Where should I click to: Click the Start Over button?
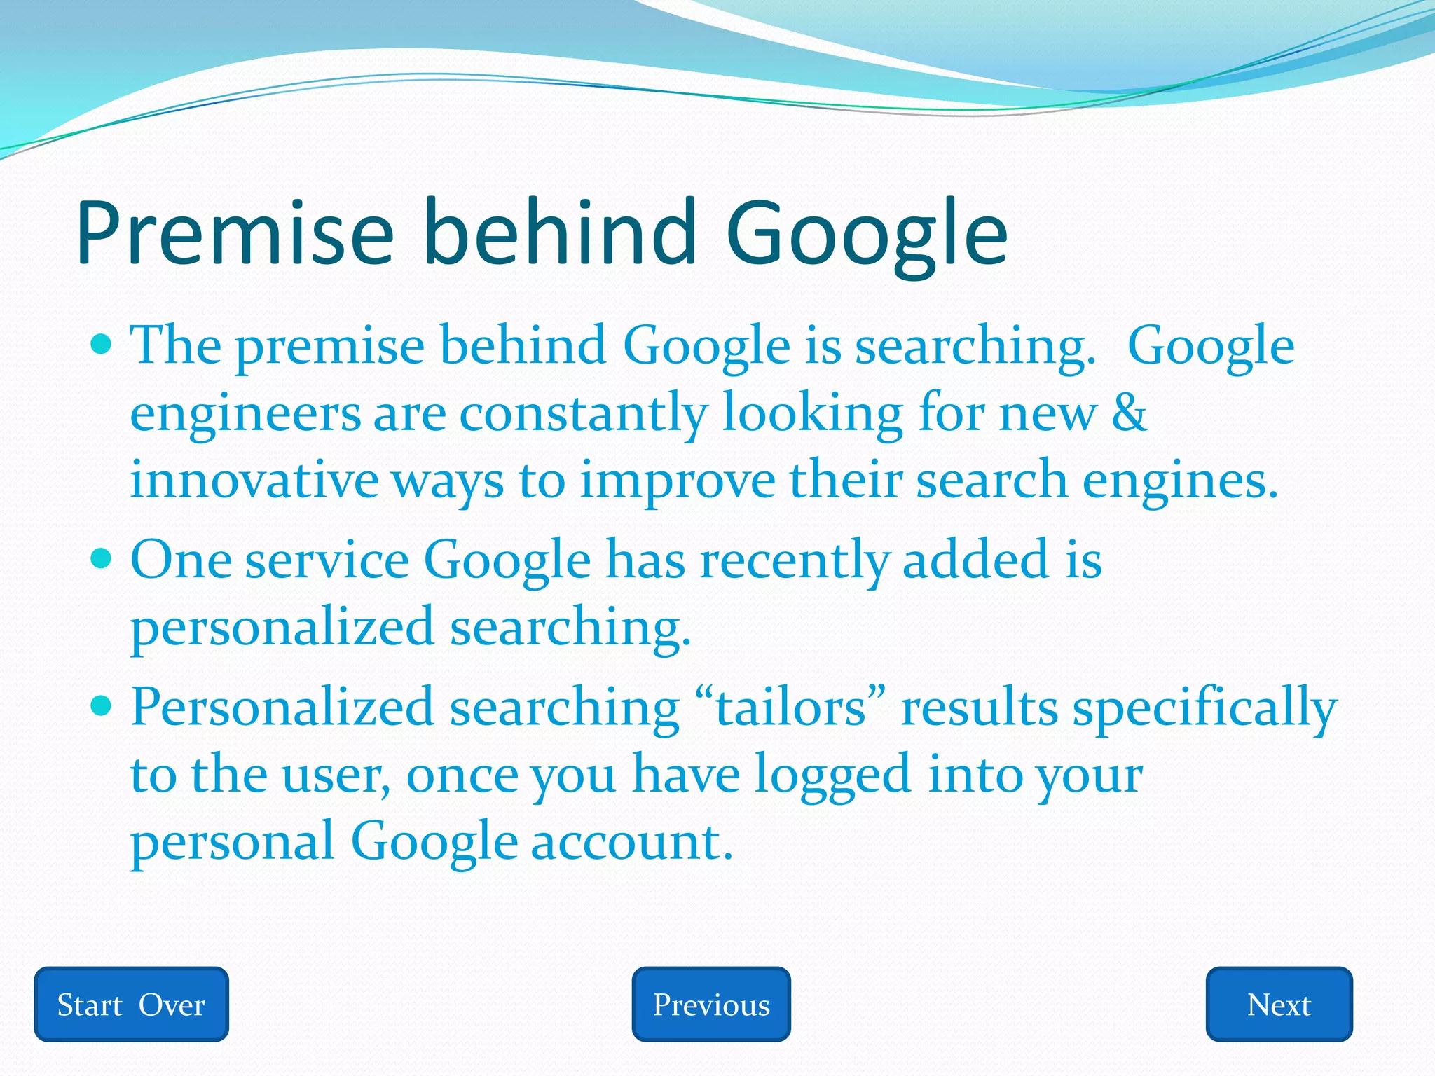[131, 1004]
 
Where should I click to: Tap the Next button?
[1279, 1004]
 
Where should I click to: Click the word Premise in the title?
[235, 233]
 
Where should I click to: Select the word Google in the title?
[867, 233]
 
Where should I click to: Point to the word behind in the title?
[560, 233]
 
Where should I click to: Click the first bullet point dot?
[102, 344]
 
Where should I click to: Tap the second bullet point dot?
[102, 558]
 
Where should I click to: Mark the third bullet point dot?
[102, 705]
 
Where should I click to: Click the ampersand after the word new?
[1129, 413]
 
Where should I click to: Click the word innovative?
[254, 481]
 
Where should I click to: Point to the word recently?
[795, 561]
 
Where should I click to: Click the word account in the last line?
[631, 841]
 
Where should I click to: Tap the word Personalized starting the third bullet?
[282, 708]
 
